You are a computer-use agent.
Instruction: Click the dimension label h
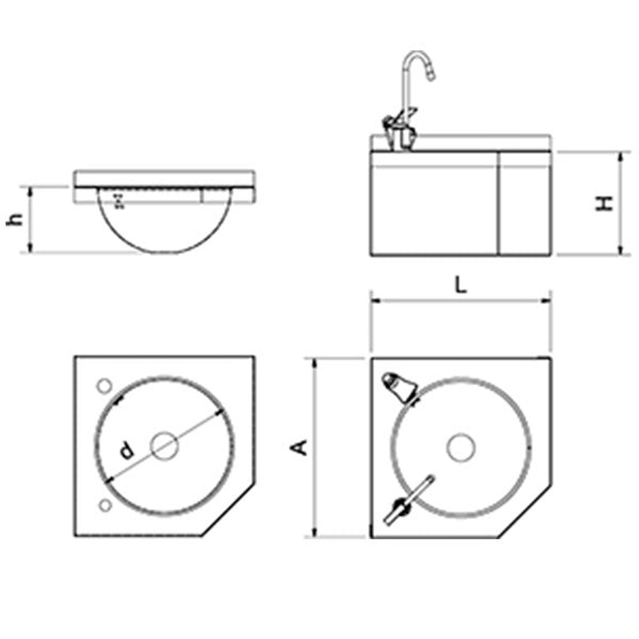tap(15, 219)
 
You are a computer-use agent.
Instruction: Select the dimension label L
tap(461, 285)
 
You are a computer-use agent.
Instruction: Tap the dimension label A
tap(299, 447)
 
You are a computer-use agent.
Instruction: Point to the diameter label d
tap(127, 451)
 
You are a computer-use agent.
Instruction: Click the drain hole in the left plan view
tap(164, 446)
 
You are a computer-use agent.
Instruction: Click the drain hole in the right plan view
tap(461, 447)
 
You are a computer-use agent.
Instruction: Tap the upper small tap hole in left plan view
tap(104, 386)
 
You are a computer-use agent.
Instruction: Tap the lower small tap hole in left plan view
tap(105, 506)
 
